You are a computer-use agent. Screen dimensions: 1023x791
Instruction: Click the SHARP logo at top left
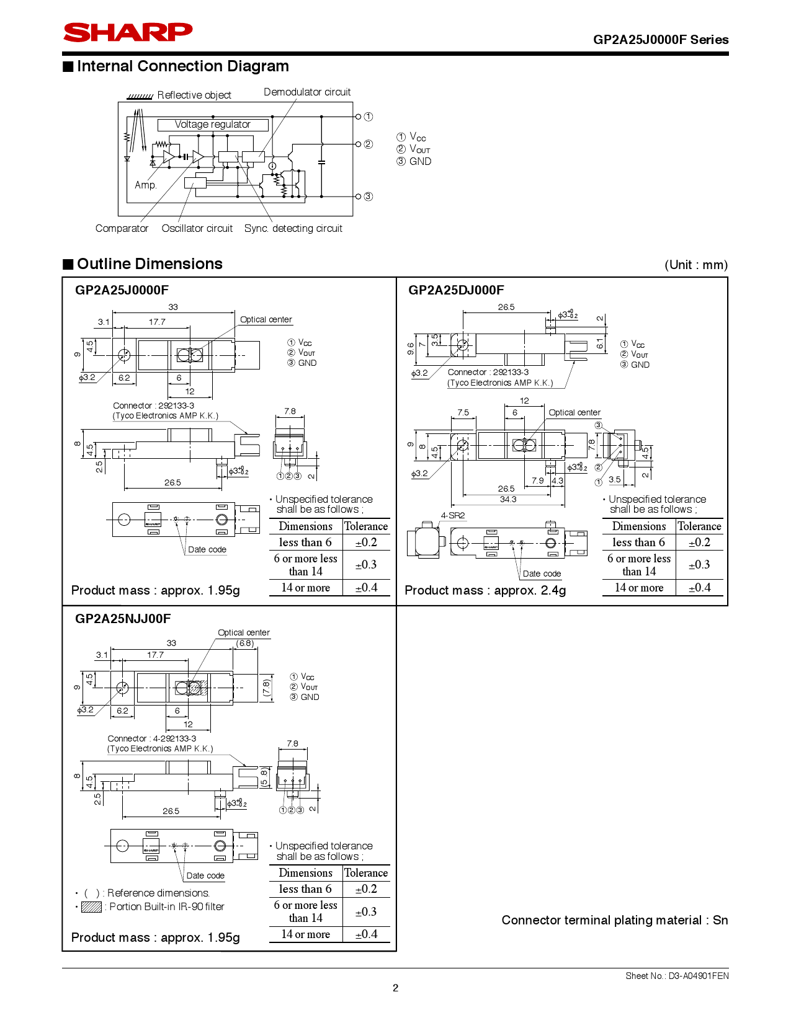pos(128,32)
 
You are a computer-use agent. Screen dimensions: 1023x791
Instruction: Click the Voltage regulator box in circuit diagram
pos(213,125)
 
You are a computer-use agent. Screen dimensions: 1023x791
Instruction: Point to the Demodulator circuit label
pos(307,92)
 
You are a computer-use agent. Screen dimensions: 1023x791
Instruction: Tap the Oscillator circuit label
pos(197,229)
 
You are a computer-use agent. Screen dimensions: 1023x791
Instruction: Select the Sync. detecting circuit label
pos(293,229)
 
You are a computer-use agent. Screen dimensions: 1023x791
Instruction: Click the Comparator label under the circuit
pos(122,229)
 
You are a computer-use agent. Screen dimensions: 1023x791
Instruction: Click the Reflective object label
pos(194,95)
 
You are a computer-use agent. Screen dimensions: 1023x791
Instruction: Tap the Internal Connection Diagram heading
pos(182,66)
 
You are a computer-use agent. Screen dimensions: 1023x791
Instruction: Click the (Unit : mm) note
pos(695,265)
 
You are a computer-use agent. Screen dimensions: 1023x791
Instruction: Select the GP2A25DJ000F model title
pos(456,290)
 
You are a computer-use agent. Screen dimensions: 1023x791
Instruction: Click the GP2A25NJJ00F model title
pos(123,619)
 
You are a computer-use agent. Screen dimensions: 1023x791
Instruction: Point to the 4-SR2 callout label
pos(452,516)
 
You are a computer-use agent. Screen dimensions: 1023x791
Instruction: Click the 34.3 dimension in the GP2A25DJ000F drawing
pos(507,499)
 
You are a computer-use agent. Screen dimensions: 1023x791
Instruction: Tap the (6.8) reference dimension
pos(245,644)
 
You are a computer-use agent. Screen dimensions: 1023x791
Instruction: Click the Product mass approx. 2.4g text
pos(485,590)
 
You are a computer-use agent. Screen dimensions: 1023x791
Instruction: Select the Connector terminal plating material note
pos(614,921)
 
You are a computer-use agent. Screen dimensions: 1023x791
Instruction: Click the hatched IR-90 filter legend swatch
pos(91,907)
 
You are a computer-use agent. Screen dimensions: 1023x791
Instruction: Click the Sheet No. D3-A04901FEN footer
pos(677,976)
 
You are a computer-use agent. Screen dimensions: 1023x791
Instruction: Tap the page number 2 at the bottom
pos(395,988)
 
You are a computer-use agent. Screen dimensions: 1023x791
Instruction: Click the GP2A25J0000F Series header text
pos(661,40)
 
